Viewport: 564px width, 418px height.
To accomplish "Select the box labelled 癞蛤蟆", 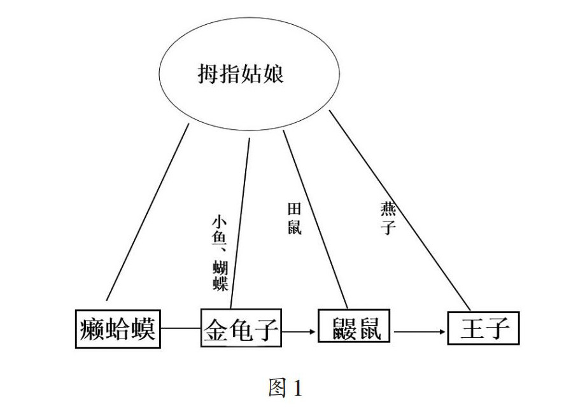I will pos(118,330).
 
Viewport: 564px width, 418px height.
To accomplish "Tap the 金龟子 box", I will pos(241,330).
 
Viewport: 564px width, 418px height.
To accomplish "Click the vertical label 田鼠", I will pos(294,219).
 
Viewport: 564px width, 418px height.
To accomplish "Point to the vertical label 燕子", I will pos(387,219).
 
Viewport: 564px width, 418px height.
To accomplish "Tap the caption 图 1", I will pos(285,388).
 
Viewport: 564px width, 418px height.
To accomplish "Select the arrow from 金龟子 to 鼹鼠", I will pos(299,331).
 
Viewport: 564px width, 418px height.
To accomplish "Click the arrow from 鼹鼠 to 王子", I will pos(419,331).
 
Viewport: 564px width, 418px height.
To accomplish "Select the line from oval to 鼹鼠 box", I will pos(315,216).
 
